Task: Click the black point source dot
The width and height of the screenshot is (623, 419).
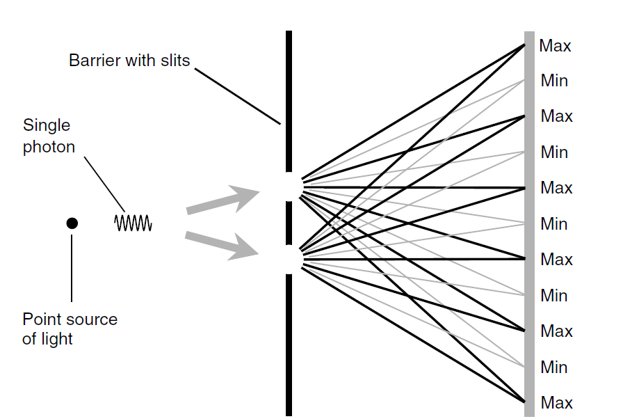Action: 72,223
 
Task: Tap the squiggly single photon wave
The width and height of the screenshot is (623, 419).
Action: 133,223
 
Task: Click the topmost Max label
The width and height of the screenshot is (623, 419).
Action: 555,46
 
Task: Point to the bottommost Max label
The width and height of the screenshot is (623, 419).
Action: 556,403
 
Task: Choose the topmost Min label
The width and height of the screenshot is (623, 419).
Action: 554,81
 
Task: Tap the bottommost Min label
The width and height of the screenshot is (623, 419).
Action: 554,367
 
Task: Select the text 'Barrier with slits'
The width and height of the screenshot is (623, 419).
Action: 129,61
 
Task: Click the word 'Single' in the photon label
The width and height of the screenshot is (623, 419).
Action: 47,125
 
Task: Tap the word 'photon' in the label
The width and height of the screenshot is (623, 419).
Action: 49,148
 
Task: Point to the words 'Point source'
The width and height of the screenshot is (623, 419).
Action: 70,319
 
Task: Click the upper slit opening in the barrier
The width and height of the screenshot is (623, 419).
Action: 289,186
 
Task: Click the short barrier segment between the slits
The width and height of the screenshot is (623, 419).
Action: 289,222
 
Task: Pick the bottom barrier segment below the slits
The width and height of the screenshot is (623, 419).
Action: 289,345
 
